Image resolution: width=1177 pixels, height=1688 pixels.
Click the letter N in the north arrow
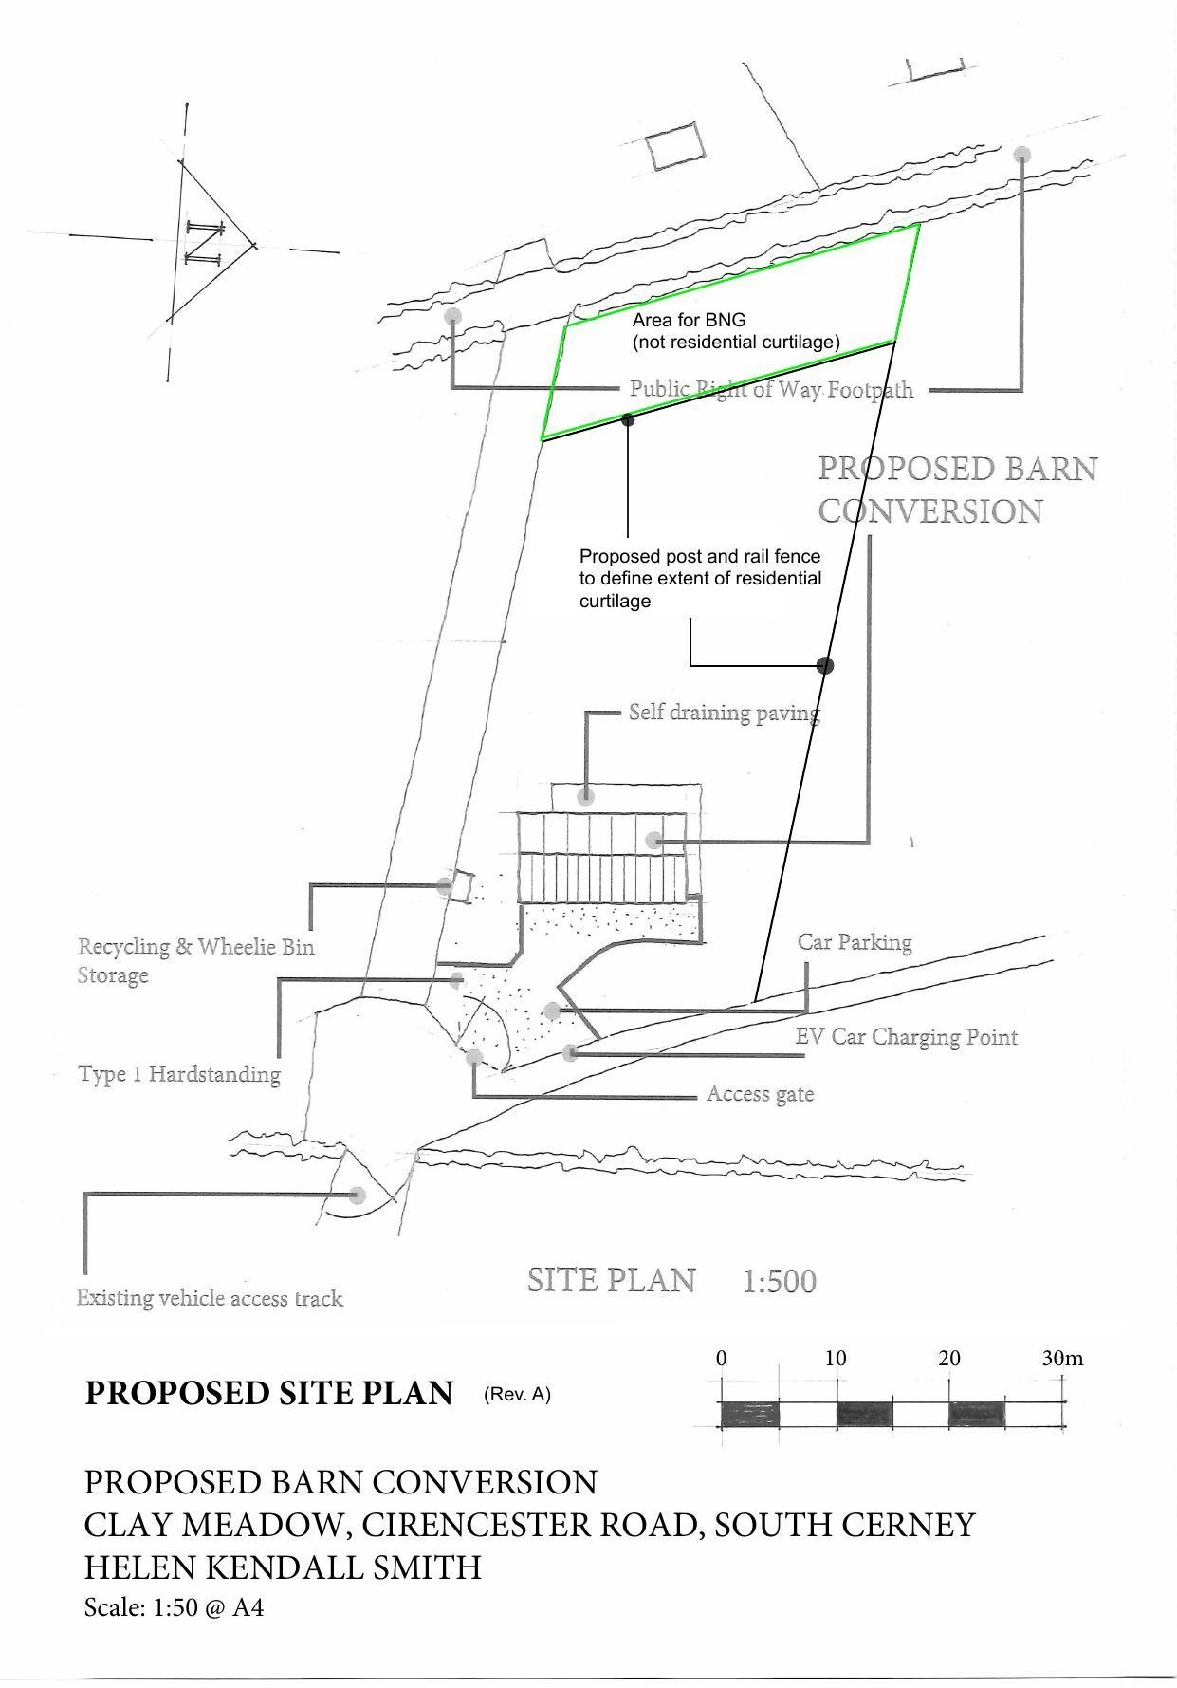pyautogui.click(x=204, y=243)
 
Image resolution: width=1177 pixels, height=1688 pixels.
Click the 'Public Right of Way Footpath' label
pyautogui.click(x=771, y=389)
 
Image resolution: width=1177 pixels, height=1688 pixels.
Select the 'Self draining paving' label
pyautogui.click(x=724, y=713)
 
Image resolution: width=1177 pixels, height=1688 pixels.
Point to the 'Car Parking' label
pyautogui.click(x=854, y=942)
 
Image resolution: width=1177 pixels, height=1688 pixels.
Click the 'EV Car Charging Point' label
pyautogui.click(x=906, y=1036)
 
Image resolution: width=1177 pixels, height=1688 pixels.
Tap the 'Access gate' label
pyautogui.click(x=760, y=1094)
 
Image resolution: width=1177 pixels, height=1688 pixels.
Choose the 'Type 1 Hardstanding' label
pyautogui.click(x=179, y=1074)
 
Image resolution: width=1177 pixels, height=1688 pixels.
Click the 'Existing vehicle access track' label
pyautogui.click(x=210, y=1298)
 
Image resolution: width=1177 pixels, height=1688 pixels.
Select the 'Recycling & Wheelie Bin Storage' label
pyautogui.click(x=195, y=960)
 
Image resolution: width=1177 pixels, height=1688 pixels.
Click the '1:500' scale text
pyautogui.click(x=779, y=1282)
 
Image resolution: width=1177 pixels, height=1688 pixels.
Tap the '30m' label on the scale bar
pyautogui.click(x=1062, y=1358)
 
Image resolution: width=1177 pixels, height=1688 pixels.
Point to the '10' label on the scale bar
pyautogui.click(x=835, y=1358)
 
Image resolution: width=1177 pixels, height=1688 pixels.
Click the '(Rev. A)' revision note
pyautogui.click(x=517, y=1394)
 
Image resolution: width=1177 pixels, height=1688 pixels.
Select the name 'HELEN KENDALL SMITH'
pyautogui.click(x=283, y=1567)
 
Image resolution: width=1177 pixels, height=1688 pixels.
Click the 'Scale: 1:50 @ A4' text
pyautogui.click(x=174, y=1607)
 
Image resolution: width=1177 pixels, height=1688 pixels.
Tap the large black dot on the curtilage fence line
pyautogui.click(x=825, y=665)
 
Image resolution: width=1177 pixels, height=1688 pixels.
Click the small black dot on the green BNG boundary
pyautogui.click(x=627, y=418)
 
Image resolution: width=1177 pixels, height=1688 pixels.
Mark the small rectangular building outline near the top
pyautogui.click(x=675, y=147)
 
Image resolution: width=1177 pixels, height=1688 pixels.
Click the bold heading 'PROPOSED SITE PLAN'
pyautogui.click(x=269, y=1393)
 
